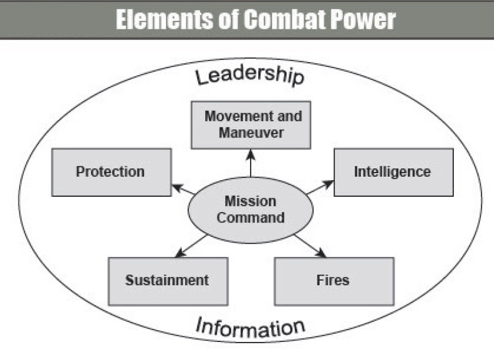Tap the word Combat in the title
(x=283, y=20)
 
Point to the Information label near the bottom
(x=251, y=327)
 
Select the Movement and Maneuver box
(x=251, y=125)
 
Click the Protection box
(x=111, y=172)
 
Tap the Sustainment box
(x=168, y=281)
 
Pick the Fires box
(x=334, y=281)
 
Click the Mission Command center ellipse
(x=251, y=210)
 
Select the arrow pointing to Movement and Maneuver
(x=251, y=163)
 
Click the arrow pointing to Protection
(x=183, y=190)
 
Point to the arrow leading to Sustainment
(x=191, y=245)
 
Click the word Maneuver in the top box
(x=251, y=132)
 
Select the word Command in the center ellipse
(x=251, y=217)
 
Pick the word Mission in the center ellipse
(x=251, y=201)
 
